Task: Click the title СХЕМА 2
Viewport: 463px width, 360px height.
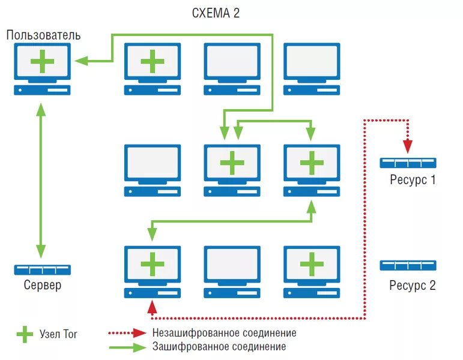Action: point(216,13)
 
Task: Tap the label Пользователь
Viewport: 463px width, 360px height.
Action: point(43,35)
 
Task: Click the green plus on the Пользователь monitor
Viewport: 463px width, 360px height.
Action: point(42,61)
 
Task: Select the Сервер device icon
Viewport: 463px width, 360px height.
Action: point(43,270)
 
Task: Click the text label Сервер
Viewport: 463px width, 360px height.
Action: point(43,285)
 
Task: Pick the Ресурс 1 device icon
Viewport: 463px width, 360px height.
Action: point(408,163)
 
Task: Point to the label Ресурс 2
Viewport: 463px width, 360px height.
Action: point(413,285)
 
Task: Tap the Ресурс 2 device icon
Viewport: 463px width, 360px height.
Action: point(408,265)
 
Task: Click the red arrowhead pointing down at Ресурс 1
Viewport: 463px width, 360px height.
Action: point(408,146)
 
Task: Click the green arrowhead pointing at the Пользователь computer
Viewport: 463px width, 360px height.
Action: point(82,61)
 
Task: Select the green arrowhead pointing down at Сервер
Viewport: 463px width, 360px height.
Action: point(41,251)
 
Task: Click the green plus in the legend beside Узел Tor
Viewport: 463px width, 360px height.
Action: point(25,334)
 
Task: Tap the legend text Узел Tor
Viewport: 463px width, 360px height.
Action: point(58,334)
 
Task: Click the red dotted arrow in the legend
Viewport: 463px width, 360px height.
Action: point(127,333)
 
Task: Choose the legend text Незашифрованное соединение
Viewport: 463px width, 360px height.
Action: point(225,333)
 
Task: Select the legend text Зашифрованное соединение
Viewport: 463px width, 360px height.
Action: point(219,346)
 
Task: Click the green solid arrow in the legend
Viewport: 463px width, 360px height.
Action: point(127,347)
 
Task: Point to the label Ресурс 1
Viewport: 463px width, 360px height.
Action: point(413,180)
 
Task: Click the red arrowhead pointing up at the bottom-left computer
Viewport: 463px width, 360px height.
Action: point(152,307)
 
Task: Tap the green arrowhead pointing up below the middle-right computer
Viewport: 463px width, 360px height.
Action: point(311,206)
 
